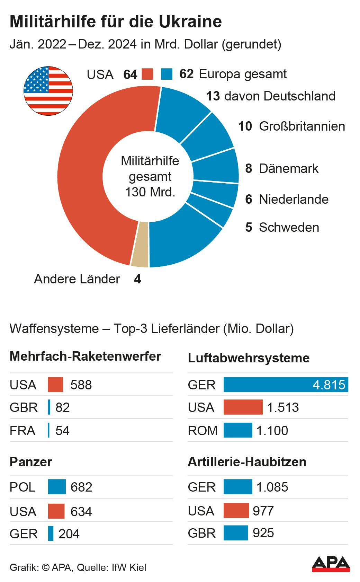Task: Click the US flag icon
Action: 48,91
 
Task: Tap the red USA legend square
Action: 147,74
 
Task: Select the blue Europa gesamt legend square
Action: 167,74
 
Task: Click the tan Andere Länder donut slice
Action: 140,244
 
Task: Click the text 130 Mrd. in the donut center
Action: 150,192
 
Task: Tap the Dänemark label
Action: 289,168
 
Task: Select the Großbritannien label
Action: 302,126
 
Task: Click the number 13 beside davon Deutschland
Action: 213,96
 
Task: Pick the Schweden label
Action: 289,227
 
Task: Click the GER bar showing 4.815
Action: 286,385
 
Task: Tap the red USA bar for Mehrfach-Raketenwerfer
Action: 55,385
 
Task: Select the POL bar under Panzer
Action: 57,487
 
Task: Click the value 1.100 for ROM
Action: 272,430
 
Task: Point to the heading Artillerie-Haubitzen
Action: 247,462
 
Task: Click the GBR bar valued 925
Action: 236,533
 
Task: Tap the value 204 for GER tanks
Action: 69,533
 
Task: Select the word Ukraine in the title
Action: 190,21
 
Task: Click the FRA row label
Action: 22,430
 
